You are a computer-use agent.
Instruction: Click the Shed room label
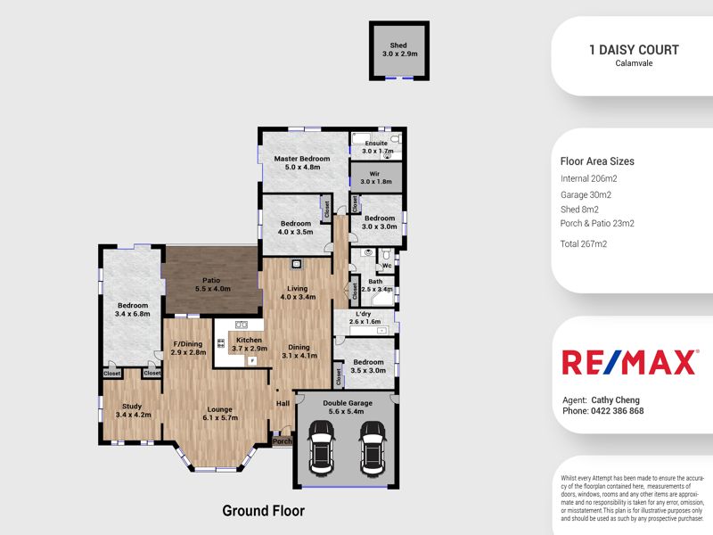(x=398, y=45)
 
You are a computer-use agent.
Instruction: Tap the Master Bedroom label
(x=302, y=159)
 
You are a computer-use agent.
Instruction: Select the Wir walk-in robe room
(x=376, y=177)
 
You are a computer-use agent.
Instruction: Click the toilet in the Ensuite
(x=395, y=138)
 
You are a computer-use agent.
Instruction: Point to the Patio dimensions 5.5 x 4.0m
(x=213, y=289)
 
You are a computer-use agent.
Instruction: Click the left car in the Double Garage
(x=321, y=449)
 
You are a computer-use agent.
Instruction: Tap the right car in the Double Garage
(x=373, y=449)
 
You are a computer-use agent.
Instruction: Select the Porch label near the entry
(x=282, y=441)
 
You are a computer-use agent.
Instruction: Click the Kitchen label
(x=250, y=340)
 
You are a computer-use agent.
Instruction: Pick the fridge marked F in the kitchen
(x=251, y=361)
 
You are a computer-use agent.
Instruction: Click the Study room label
(x=132, y=407)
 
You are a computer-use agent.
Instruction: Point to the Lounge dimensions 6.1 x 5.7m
(x=220, y=417)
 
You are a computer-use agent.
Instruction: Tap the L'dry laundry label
(x=364, y=314)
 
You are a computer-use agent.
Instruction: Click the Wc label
(x=387, y=266)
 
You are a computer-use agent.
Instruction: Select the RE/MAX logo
(x=630, y=362)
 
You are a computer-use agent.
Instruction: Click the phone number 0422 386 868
(x=617, y=411)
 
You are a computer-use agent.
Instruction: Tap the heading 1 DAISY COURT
(x=634, y=50)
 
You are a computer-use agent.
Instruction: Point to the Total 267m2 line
(x=584, y=243)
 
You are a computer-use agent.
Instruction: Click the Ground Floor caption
(x=263, y=511)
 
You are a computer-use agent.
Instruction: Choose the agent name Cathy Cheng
(x=615, y=400)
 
